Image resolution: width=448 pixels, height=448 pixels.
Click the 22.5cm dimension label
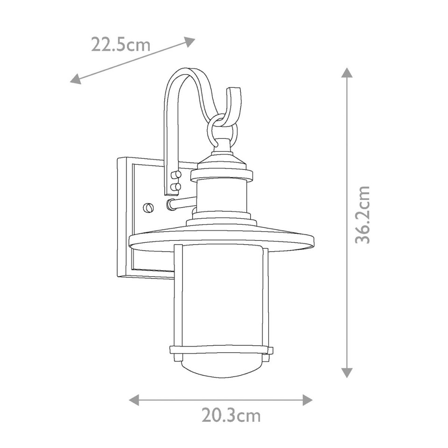[x=120, y=45]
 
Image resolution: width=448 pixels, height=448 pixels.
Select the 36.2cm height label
[x=362, y=214]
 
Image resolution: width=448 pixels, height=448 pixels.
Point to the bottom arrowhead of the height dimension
[x=346, y=372]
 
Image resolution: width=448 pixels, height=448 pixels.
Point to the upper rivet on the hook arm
[x=176, y=175]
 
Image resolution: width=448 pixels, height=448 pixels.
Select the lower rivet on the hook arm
[x=176, y=187]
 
